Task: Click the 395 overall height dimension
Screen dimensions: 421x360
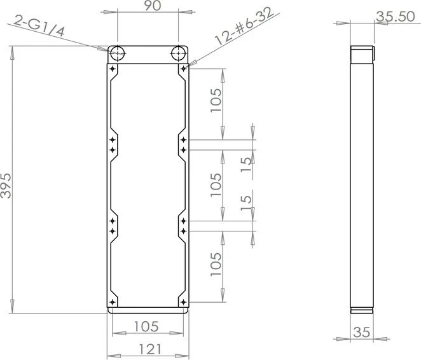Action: tap(6, 186)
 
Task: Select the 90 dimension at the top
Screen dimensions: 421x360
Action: tap(153, 6)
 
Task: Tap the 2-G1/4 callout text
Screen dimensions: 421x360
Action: tap(39, 26)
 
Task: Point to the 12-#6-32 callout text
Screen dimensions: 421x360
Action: tap(244, 25)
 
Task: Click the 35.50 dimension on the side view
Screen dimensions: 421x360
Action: tap(395, 17)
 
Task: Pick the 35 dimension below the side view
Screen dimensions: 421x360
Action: tap(362, 332)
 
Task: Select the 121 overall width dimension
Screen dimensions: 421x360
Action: tap(150, 349)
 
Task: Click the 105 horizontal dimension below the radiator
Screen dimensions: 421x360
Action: tap(146, 326)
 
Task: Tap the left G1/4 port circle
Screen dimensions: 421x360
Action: tap(117, 53)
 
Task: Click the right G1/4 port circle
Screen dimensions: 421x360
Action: tap(178, 53)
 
